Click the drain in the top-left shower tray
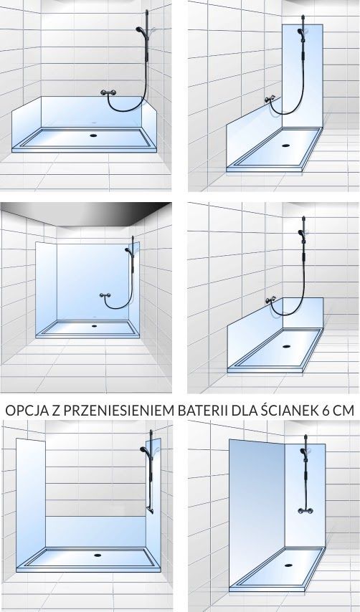(x=93, y=135)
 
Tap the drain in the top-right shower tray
(x=286, y=145)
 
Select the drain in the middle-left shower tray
(x=94, y=325)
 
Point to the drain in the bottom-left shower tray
(x=98, y=555)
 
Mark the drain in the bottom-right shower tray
(x=288, y=565)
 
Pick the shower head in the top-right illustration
(x=300, y=32)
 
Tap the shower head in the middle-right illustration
(x=301, y=234)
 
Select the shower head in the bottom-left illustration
(x=144, y=451)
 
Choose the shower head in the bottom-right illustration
(x=303, y=452)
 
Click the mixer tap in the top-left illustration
(x=108, y=92)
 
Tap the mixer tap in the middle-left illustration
(x=105, y=295)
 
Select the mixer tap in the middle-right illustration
(x=270, y=300)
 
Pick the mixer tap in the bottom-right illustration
(x=305, y=510)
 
